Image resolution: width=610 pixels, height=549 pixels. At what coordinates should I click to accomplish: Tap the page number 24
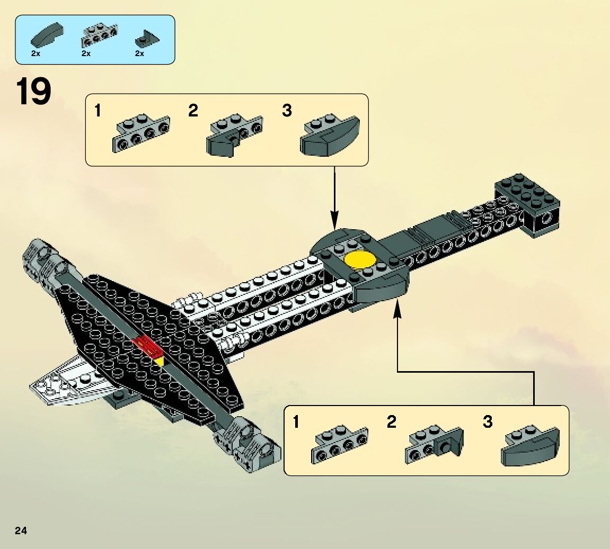(x=21, y=531)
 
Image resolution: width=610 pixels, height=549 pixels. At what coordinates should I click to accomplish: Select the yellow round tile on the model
(x=360, y=260)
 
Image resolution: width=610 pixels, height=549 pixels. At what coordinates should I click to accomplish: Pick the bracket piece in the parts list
(x=99, y=34)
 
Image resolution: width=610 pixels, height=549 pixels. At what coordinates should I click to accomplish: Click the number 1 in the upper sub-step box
(x=97, y=111)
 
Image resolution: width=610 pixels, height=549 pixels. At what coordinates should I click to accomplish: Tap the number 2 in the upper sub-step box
(x=193, y=111)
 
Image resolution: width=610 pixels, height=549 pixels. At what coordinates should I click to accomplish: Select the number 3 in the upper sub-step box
(x=287, y=111)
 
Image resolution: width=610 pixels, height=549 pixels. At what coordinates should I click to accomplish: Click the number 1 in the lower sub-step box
(x=296, y=422)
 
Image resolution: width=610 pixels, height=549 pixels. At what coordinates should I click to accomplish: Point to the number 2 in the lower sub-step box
(x=392, y=422)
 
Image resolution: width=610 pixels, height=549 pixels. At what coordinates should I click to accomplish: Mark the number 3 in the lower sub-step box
(x=488, y=422)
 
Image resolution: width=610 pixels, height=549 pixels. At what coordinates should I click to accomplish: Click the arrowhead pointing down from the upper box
(x=334, y=220)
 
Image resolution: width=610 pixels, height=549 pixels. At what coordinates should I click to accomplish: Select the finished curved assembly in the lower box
(x=530, y=447)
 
